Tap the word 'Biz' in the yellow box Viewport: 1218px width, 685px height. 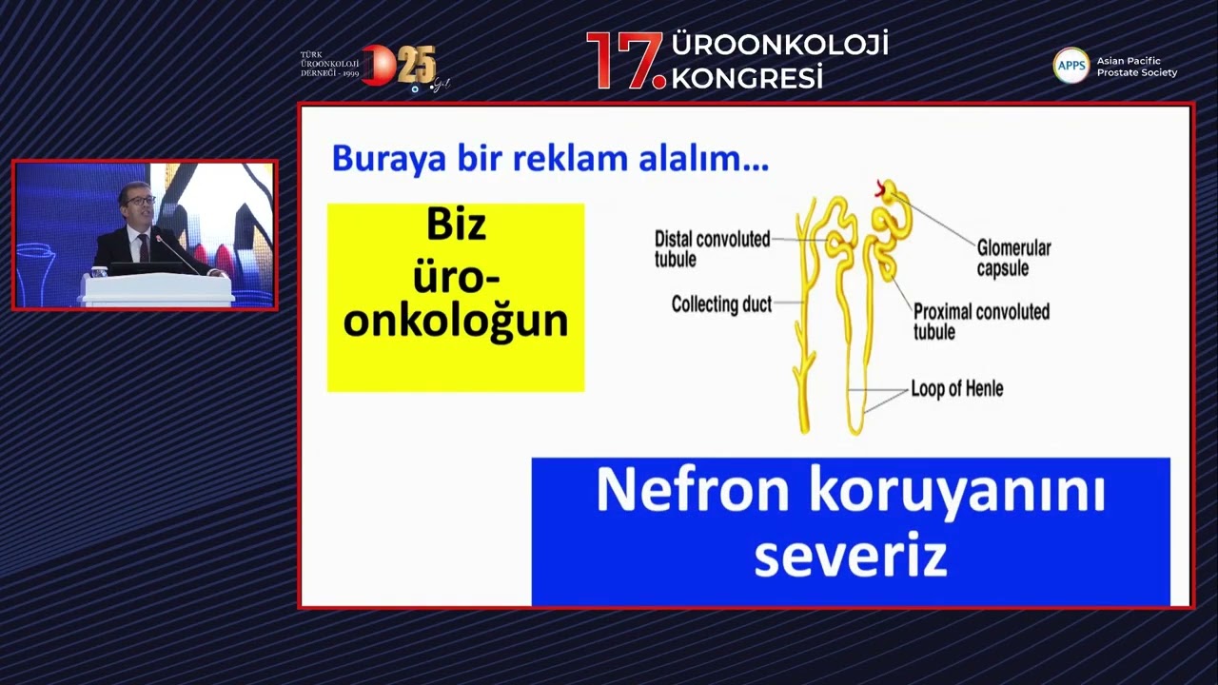pos(456,225)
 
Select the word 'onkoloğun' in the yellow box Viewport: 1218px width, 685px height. pos(456,321)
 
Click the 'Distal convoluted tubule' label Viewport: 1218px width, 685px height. pos(712,248)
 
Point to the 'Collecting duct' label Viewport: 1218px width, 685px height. pos(720,304)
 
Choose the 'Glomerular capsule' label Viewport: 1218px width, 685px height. pos(1013,258)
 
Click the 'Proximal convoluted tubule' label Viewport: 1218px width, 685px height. pos(980,321)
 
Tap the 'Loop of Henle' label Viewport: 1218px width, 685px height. pos(956,388)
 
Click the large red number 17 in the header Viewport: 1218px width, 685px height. pos(623,62)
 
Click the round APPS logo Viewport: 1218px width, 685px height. pos(1071,65)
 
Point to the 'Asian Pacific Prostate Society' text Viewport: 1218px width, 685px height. pos(1136,66)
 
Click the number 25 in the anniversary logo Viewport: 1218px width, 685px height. pos(416,66)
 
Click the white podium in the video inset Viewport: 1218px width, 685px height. pos(157,289)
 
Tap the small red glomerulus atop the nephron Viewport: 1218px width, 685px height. pos(882,189)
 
